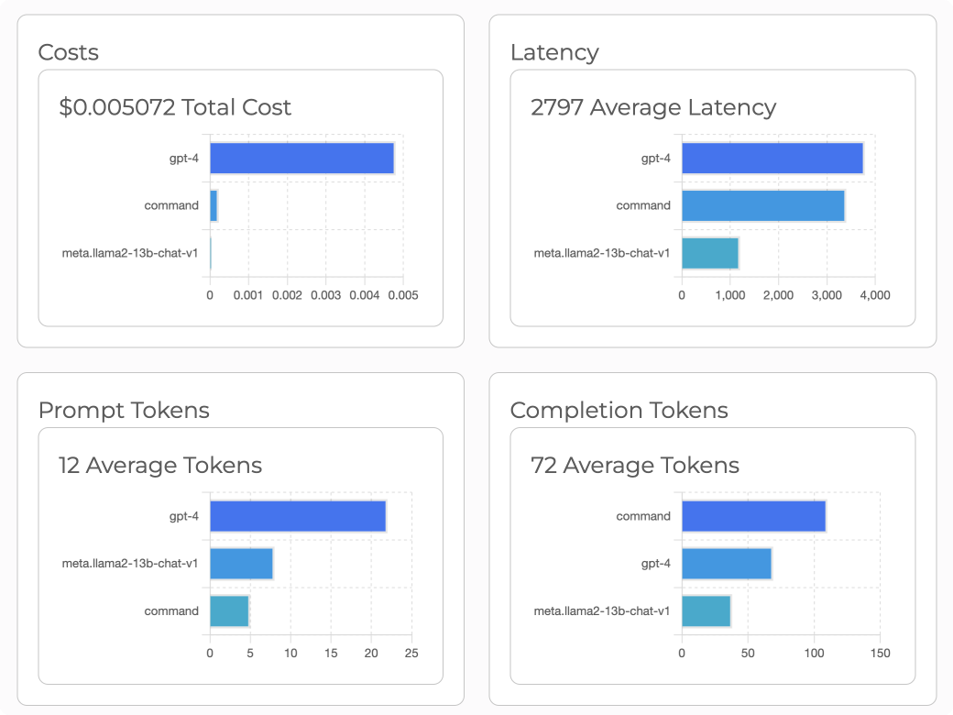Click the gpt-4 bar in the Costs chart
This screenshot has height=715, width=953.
point(301,159)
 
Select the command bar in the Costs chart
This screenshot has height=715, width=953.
point(214,205)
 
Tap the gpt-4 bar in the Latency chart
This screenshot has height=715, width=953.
point(772,159)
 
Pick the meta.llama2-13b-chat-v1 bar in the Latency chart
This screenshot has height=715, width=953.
point(710,253)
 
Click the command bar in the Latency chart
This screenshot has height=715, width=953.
point(762,205)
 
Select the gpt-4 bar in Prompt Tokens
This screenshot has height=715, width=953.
point(298,516)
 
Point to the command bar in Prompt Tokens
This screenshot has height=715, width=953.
point(229,610)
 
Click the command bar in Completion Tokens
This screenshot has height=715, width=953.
point(753,516)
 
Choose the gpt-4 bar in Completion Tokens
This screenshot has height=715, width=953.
point(726,563)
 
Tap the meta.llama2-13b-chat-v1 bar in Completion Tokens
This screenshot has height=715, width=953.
point(706,610)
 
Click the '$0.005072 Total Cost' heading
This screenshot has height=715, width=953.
point(175,107)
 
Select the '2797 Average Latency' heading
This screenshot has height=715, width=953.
point(653,107)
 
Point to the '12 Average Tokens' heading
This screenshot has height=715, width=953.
point(160,465)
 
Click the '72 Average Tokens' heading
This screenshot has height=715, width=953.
point(635,465)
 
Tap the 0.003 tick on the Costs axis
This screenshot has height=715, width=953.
point(325,295)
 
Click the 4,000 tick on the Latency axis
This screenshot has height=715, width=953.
point(874,295)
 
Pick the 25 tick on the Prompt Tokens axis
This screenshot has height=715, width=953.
point(411,653)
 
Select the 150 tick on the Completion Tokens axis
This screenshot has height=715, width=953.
point(880,653)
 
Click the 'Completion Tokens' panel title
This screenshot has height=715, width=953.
point(619,410)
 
